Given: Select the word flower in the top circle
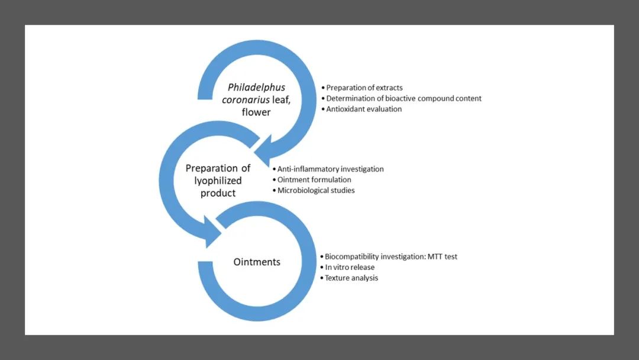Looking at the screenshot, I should pos(256,111).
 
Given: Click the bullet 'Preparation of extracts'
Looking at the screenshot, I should pos(364,88).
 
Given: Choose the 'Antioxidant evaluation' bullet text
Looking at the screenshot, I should pos(363,109).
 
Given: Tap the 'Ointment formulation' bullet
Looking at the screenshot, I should pos(314,179).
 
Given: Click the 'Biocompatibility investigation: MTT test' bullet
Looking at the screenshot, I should pos(391,256).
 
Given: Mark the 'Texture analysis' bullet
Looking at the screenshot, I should pos(351,278).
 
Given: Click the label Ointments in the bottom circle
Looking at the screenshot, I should pos(256,262).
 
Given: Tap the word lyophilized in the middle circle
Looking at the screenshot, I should pos(209,181).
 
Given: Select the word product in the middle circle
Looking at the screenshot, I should pos(218,193).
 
